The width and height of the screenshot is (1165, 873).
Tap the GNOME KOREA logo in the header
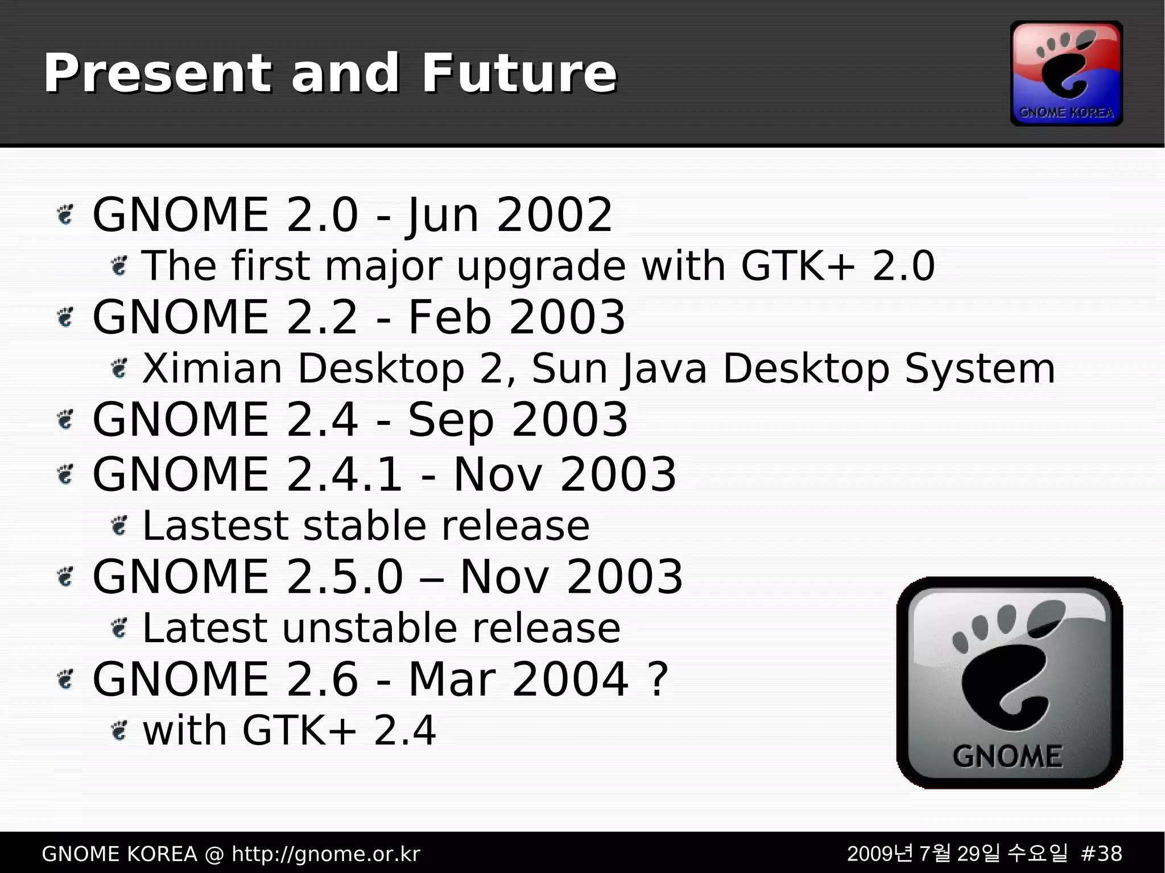(1066, 73)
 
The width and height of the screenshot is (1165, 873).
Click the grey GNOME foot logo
(1009, 682)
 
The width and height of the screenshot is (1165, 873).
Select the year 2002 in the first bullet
(554, 215)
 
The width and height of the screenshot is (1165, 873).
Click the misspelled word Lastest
(215, 526)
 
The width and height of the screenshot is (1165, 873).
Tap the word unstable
(370, 628)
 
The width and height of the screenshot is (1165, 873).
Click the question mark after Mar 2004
(658, 679)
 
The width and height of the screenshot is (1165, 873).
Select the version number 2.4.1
(345, 474)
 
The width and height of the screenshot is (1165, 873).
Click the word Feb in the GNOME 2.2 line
(449, 317)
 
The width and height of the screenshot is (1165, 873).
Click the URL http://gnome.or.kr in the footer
(326, 854)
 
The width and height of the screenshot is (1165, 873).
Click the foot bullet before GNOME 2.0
(66, 215)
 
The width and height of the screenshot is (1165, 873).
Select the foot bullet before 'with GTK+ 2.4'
(119, 730)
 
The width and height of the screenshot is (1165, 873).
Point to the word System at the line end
(980, 369)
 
